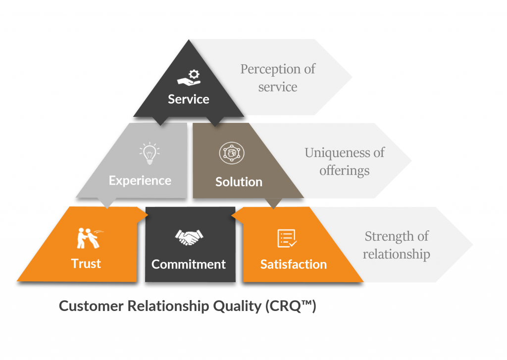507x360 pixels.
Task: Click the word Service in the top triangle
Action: tap(189, 99)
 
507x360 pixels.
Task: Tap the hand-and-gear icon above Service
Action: tap(189, 78)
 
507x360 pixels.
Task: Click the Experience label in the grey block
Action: tap(140, 180)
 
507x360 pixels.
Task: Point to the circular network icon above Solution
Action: tap(232, 153)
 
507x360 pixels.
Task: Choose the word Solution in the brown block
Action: tap(239, 182)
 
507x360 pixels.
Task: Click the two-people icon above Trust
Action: tap(89, 238)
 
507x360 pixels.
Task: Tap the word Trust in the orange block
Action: tap(86, 263)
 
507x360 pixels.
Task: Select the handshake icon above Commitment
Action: tap(189, 237)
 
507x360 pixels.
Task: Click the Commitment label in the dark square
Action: tap(189, 264)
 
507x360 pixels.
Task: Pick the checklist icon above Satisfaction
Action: tap(287, 238)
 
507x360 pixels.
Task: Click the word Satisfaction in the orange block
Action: tap(294, 264)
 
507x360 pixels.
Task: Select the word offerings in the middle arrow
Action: tap(345, 171)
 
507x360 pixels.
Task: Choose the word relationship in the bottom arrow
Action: tap(397, 254)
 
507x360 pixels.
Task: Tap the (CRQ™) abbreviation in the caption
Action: tap(291, 306)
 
